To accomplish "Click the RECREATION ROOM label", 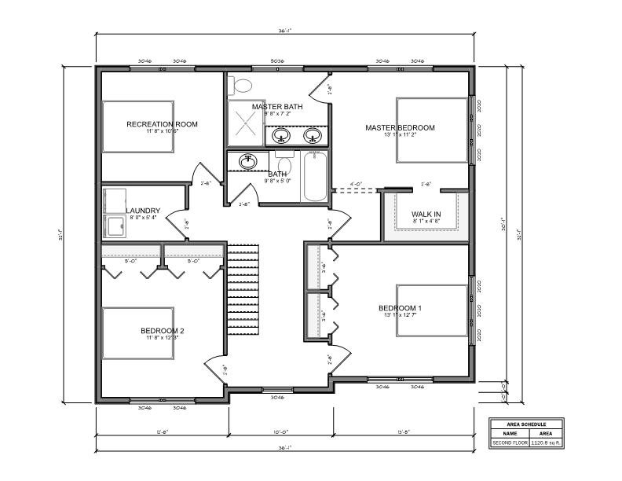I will [x=162, y=124].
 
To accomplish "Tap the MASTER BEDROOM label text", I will [x=399, y=127].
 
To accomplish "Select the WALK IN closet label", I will [x=426, y=214].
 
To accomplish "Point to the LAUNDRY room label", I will [x=143, y=211].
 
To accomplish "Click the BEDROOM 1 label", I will [x=400, y=308].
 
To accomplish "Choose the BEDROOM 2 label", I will [x=162, y=331].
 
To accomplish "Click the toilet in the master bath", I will [x=243, y=84].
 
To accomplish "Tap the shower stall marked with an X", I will [x=245, y=123].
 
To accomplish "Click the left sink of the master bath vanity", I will [x=280, y=135].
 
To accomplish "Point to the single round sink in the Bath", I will [x=249, y=160].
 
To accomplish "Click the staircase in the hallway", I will [x=243, y=291].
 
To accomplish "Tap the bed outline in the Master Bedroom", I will [x=431, y=130].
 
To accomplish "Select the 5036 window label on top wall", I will [x=277, y=61].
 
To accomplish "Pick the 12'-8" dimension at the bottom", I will [x=162, y=431].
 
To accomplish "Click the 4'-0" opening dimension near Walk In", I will [x=355, y=185].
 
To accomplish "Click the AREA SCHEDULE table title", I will [x=528, y=424].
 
